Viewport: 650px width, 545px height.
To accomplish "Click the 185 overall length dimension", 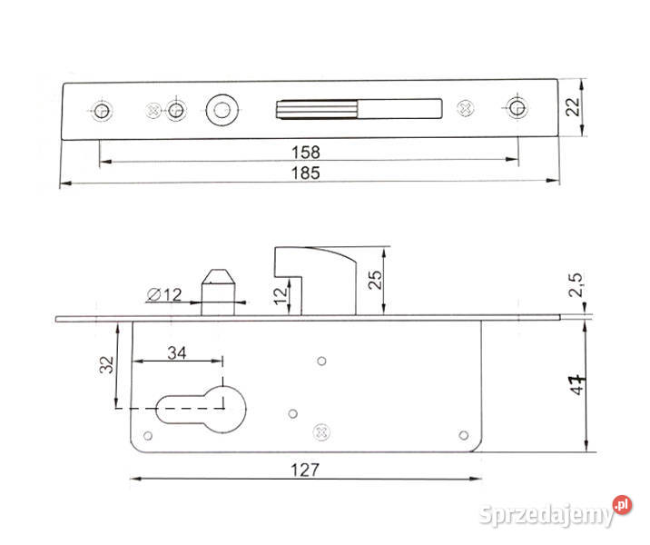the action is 306,173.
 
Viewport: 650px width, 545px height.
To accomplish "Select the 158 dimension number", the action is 306,153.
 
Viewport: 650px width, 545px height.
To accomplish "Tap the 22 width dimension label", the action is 573,107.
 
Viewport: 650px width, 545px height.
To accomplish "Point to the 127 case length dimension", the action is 305,471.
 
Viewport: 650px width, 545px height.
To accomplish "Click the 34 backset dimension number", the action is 177,353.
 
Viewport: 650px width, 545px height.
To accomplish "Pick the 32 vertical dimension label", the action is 106,364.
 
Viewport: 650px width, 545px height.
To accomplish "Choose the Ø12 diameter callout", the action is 164,295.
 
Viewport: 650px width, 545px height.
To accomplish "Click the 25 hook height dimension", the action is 375,280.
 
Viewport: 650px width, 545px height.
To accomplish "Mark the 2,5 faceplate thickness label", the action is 576,284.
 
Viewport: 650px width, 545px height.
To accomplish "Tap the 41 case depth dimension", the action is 577,384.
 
